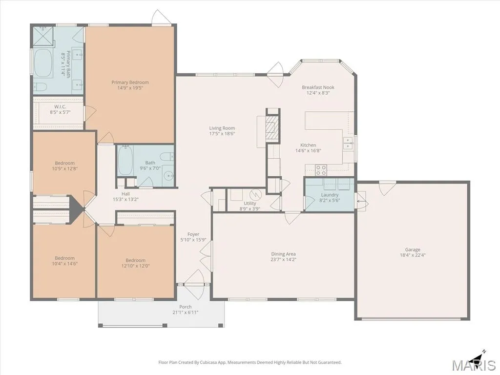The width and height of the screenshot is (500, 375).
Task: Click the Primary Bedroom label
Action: click(130, 82)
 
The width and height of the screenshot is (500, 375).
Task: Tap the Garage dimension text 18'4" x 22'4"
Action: click(413, 255)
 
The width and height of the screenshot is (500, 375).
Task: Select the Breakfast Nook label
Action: click(318, 87)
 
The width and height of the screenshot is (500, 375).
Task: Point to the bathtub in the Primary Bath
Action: click(43, 63)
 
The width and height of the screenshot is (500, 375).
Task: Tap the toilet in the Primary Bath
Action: click(41, 86)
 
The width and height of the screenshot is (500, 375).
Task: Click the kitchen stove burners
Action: click(321, 169)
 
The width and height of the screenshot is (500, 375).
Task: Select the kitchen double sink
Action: click(348, 143)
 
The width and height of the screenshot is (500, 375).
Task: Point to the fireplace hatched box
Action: click(272, 128)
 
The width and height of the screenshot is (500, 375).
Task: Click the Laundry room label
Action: click(330, 195)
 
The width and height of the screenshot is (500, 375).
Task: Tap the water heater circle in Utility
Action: click(255, 194)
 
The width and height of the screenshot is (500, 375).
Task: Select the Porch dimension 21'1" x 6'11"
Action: click(185, 312)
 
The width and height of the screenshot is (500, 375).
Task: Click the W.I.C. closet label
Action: click(60, 106)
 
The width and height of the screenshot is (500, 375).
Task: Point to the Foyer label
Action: click(193, 234)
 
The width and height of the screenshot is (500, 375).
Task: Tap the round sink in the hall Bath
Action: click(168, 176)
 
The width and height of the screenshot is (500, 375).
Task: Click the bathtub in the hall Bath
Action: click(125, 160)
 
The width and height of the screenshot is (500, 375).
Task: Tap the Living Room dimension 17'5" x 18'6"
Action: click(222, 134)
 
